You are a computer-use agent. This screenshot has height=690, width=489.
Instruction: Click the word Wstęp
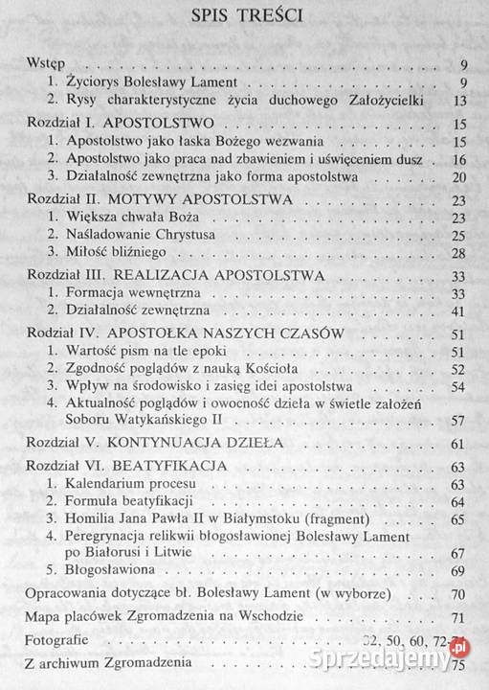point(45,64)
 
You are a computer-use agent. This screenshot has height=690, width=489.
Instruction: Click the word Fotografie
point(55,640)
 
